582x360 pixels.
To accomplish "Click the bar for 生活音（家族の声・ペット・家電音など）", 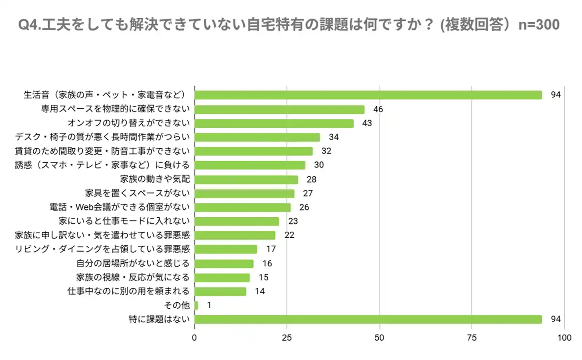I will click(x=368, y=95).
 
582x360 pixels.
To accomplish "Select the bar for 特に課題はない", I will click(x=368, y=319).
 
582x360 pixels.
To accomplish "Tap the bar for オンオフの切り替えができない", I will click(x=274, y=123).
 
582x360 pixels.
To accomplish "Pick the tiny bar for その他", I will click(x=196, y=305).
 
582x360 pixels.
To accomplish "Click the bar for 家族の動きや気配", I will click(x=246, y=179).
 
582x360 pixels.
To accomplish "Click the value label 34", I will click(x=334, y=137).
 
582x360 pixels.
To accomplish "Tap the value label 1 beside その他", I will click(x=209, y=305).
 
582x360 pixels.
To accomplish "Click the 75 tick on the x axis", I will click(x=472, y=338).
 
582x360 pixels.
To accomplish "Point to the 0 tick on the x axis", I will click(x=195, y=338).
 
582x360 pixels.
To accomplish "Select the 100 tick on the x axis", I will click(x=564, y=338).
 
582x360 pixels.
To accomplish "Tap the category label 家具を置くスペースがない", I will click(x=137, y=193).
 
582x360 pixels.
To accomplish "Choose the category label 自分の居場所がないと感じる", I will click(x=132, y=263).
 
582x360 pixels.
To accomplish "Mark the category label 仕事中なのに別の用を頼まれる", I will click(x=128, y=291).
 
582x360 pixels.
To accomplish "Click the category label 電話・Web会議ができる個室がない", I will click(x=120, y=207).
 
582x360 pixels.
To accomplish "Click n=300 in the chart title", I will click(x=539, y=25).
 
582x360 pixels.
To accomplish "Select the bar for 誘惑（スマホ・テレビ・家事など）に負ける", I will click(x=250, y=165).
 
